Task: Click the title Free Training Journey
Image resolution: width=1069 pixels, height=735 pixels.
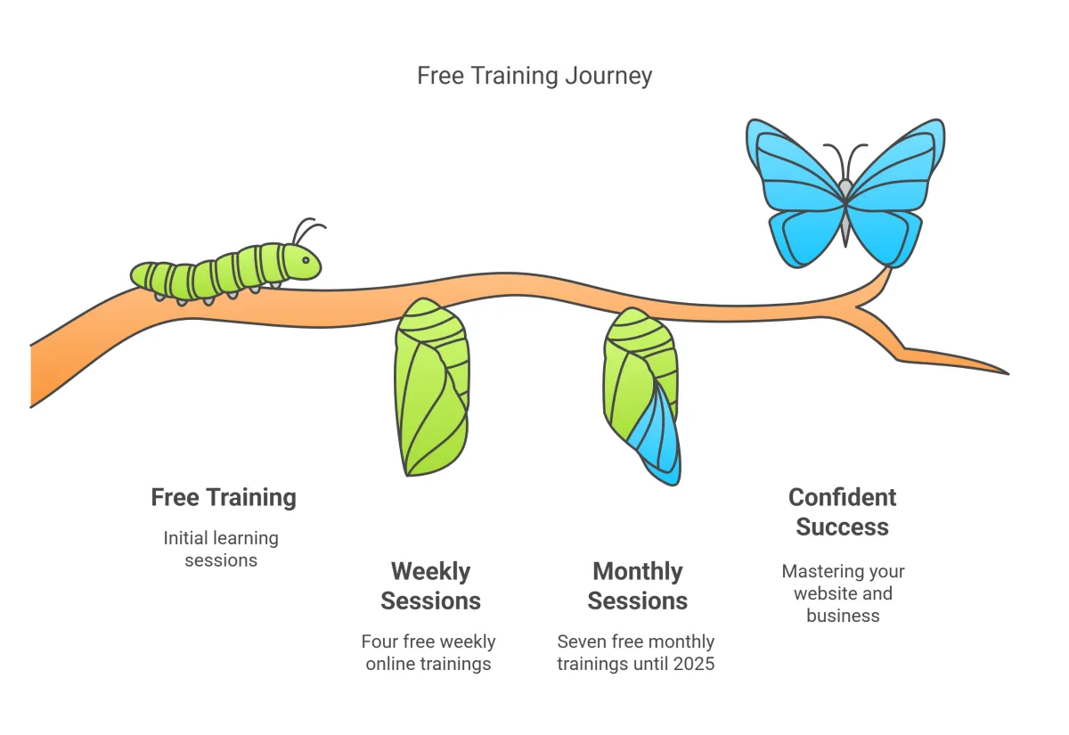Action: coord(534,76)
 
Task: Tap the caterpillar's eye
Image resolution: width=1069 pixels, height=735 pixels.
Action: coord(306,260)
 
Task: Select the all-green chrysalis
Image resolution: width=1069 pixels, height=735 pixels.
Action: coord(432,388)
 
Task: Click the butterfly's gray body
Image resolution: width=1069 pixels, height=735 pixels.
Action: coord(845,212)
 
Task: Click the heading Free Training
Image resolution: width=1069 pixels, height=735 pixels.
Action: coord(224,497)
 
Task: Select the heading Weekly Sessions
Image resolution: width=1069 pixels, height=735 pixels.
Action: coord(430,585)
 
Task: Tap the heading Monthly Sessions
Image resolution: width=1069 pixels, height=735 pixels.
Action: coord(638,585)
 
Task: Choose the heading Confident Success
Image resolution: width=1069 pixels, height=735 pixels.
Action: coord(843,512)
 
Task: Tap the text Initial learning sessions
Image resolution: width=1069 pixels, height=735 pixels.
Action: coord(221,550)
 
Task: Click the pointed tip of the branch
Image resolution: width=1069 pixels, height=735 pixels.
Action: coord(1008,374)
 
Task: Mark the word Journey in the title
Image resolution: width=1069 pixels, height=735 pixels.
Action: coord(608,77)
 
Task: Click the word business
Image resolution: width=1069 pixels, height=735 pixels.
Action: coord(843,616)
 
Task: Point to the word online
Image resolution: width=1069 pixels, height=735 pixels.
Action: coord(390,664)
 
